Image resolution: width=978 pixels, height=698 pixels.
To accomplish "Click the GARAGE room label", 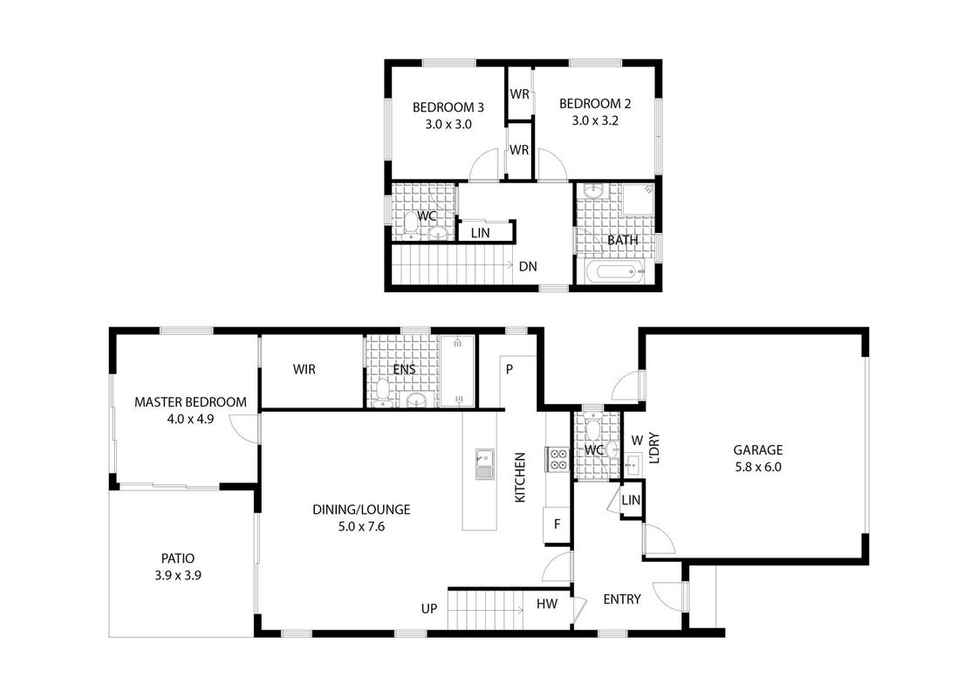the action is (758, 449).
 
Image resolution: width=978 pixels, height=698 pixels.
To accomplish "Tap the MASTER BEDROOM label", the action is (190, 402).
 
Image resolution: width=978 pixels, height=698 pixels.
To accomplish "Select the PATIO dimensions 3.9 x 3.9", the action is (178, 575).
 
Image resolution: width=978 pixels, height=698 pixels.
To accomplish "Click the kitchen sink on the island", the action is (484, 463).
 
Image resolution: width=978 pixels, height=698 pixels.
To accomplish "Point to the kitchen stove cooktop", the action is (557, 459).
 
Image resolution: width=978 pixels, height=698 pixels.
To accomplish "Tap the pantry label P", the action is (509, 369).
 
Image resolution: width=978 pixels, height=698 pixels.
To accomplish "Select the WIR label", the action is (304, 369).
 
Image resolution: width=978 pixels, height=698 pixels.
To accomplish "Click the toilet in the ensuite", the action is (382, 393).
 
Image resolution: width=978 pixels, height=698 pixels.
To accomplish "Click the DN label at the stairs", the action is (528, 266).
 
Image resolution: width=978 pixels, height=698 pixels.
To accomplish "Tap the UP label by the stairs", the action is (429, 608).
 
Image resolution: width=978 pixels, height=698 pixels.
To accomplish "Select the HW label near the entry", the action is (547, 603).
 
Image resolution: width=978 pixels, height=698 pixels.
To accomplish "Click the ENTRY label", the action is (622, 599).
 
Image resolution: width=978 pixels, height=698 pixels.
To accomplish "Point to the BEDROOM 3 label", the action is (448, 107).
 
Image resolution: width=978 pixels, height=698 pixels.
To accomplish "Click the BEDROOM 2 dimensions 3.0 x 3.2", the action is (595, 120).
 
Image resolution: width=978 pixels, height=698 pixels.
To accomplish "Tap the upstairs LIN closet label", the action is (480, 233).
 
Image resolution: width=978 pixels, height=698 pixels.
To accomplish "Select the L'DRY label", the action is (654, 448).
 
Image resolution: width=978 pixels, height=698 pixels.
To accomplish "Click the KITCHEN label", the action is (520, 477).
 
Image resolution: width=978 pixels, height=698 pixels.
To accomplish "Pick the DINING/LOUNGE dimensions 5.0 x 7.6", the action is (361, 526).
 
